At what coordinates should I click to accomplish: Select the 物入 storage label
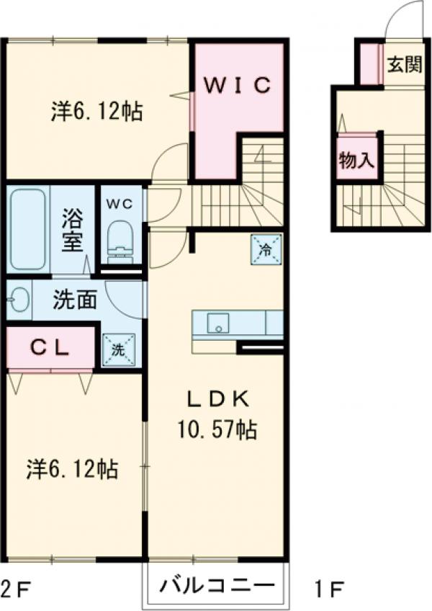pyautogui.click(x=356, y=161)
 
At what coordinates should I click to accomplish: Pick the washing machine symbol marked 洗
pyautogui.click(x=117, y=349)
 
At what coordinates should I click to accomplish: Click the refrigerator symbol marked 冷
pyautogui.click(x=264, y=249)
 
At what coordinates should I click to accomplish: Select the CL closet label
pyautogui.click(x=49, y=347)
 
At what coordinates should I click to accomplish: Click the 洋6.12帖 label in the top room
pyautogui.click(x=96, y=112)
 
